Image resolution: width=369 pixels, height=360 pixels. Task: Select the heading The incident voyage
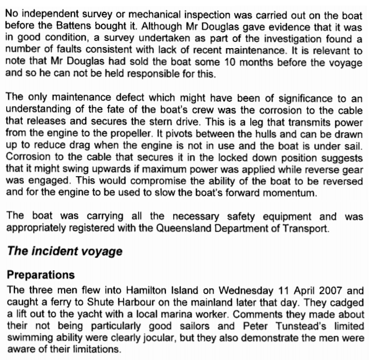click(64, 252)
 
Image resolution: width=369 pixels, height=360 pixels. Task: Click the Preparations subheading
click(40, 275)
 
